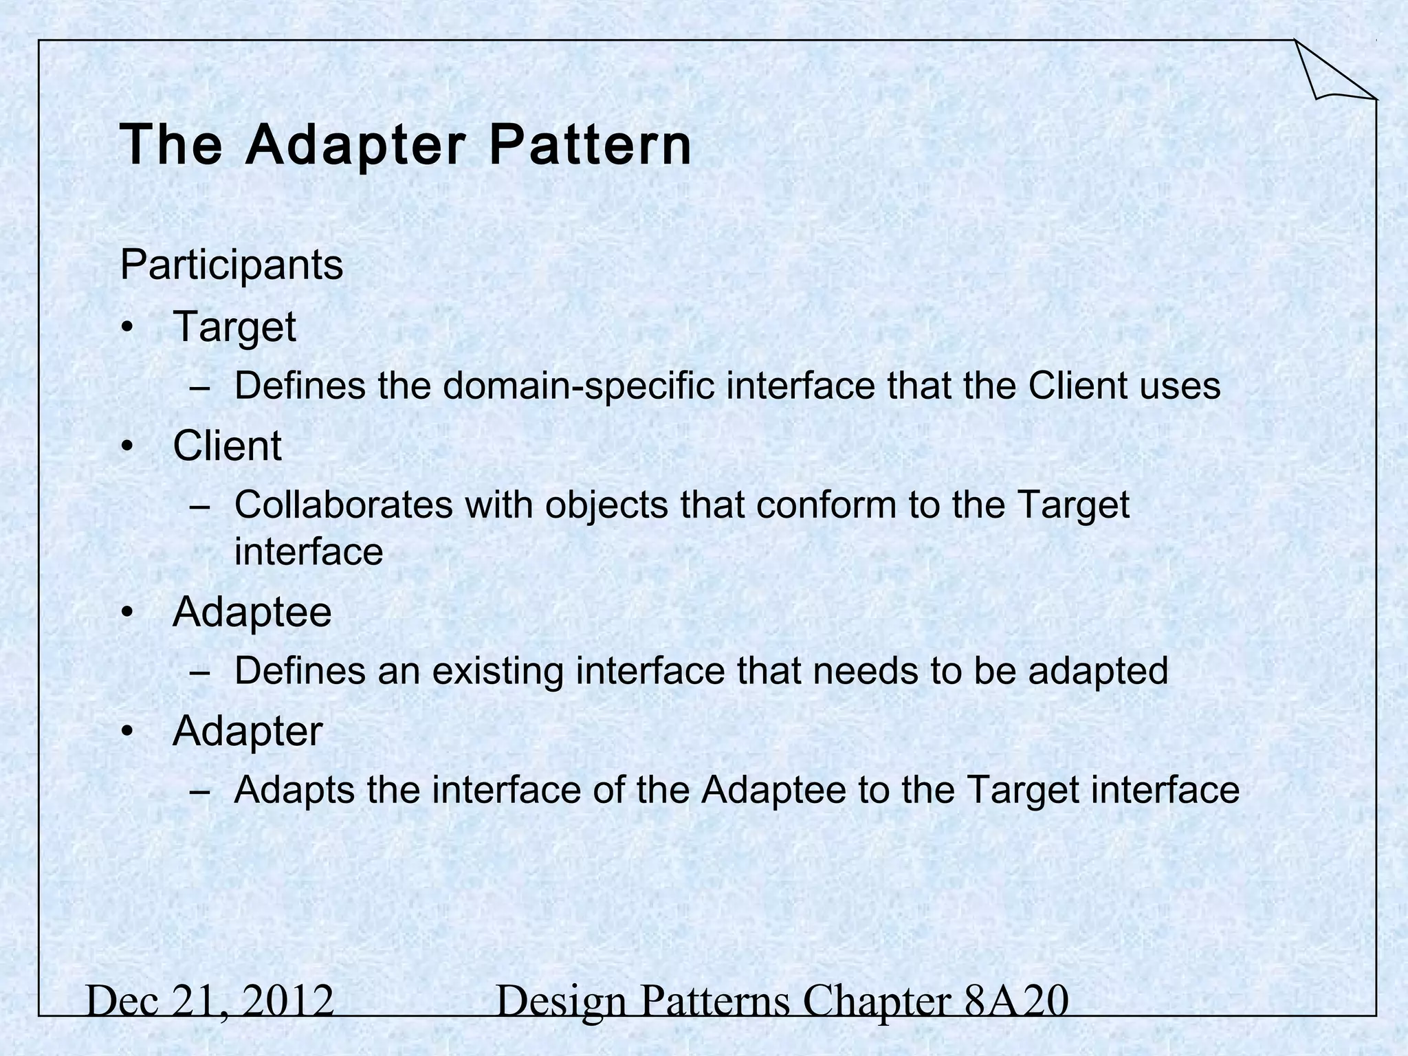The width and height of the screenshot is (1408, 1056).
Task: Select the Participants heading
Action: click(231, 265)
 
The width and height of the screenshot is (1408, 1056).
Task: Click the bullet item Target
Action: click(234, 327)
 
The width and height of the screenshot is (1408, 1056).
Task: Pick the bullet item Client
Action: click(227, 445)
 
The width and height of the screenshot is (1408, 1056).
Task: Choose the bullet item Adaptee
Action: click(252, 612)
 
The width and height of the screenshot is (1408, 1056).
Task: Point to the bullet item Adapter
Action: click(247, 731)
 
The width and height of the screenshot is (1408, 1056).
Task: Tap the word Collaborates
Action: click(344, 505)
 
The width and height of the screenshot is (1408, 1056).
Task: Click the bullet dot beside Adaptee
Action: click(126, 612)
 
